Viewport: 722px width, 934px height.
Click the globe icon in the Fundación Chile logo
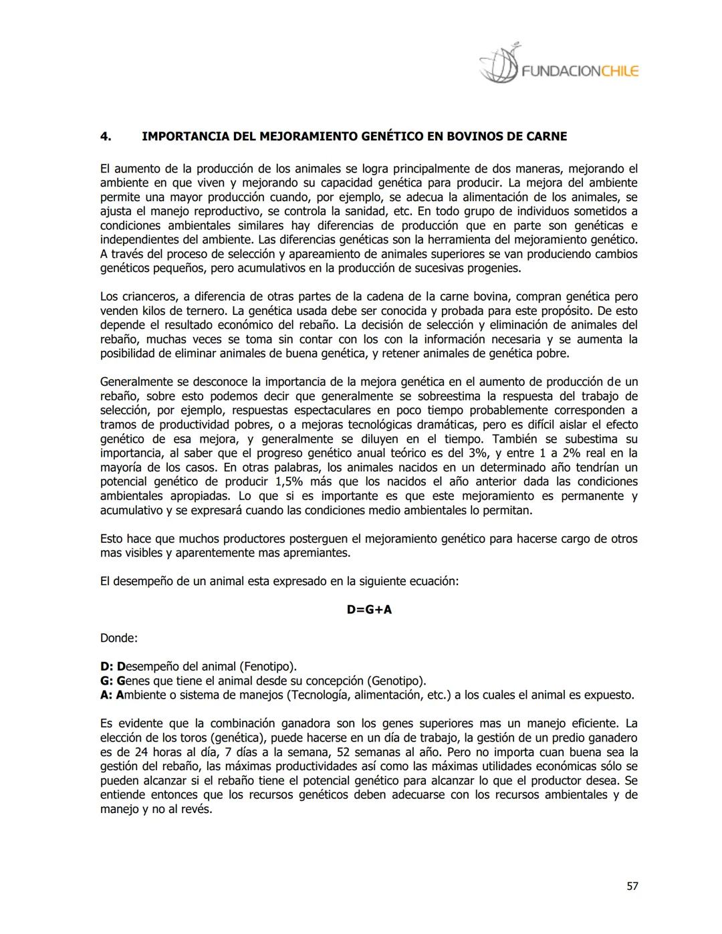pyautogui.click(x=500, y=65)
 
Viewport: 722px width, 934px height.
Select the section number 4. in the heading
pyautogui.click(x=106, y=136)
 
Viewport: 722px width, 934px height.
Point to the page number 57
pyautogui.click(x=632, y=887)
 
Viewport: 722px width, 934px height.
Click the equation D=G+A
pyautogui.click(x=369, y=610)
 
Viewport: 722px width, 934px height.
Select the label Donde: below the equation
pyautogui.click(x=119, y=638)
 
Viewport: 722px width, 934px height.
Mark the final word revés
pyautogui.click(x=197, y=810)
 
